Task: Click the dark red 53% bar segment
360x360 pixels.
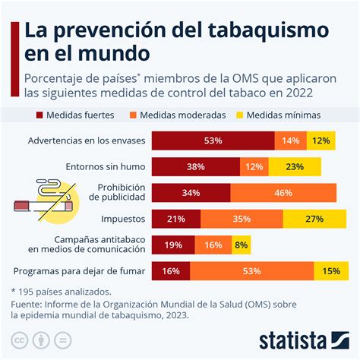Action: point(213,141)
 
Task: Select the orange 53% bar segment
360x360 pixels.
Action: point(251,271)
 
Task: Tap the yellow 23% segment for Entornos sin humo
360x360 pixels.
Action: point(294,167)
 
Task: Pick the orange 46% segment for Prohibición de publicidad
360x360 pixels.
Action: point(283,193)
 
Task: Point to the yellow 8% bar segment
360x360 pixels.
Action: point(240,245)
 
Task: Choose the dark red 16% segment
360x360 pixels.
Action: point(171,271)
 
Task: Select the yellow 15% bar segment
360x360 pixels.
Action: point(331,271)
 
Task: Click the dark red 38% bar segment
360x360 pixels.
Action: point(196,167)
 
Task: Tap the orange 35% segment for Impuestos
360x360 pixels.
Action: point(242,219)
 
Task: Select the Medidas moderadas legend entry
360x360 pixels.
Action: point(183,115)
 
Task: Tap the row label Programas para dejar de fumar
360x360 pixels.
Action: point(80,271)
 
